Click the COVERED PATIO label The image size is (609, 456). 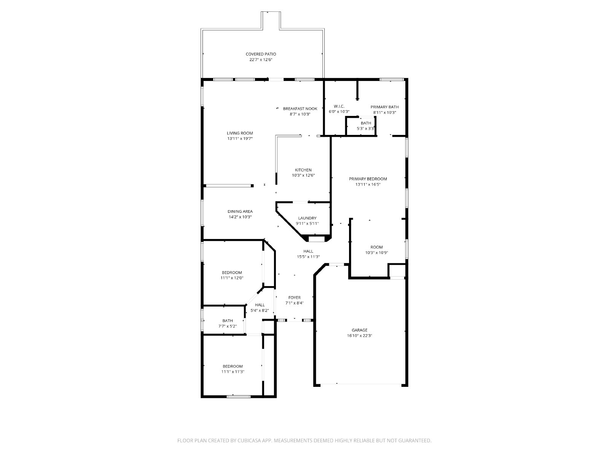pos(260,54)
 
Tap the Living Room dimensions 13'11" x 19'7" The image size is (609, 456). pos(240,138)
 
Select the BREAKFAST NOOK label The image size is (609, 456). pos(300,109)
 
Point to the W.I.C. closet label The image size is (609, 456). pos(339,106)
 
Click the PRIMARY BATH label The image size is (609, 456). pos(384,107)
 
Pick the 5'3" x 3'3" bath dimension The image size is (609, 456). pos(366,128)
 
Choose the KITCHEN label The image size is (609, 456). pos(303,170)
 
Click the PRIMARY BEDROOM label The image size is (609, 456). pos(368,179)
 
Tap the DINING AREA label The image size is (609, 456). pos(240,212)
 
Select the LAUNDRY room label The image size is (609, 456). pos(307,218)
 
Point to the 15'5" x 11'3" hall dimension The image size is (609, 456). pos(308,256)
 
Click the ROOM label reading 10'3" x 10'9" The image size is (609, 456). pos(376,247)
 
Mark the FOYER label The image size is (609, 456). pos(294,298)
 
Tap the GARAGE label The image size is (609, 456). pos(359,330)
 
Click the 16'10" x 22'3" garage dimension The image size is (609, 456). pos(359,336)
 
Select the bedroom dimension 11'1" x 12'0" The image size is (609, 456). pos(232,278)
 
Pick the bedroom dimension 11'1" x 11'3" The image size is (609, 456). pos(233,372)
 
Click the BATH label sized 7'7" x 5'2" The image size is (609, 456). pos(228,321)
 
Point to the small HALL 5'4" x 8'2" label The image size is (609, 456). pos(260,305)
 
